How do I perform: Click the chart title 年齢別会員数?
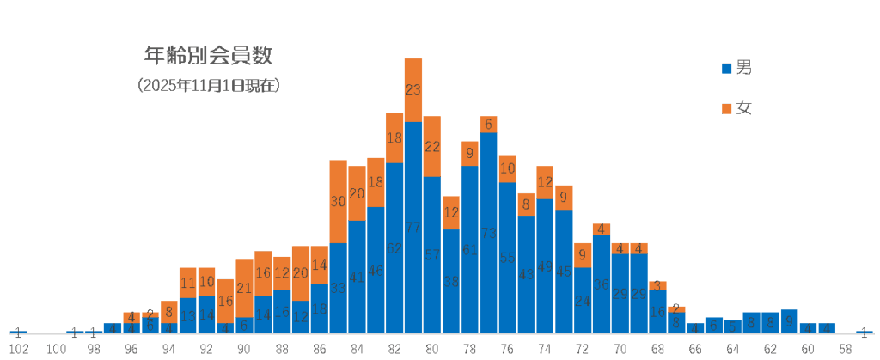coord(208,57)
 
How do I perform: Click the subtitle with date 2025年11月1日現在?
coord(208,86)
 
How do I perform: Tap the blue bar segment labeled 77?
coord(413,228)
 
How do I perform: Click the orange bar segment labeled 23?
coord(413,89)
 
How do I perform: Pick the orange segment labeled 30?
coord(338,201)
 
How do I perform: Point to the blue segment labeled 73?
coord(489,233)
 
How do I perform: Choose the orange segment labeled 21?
coord(244,288)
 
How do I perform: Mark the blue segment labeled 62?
coord(394,248)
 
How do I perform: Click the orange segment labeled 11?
coord(188,283)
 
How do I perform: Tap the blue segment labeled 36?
coord(602,284)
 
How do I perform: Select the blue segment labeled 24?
coord(583,301)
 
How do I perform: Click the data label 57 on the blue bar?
coord(432,255)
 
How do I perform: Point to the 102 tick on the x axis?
coord(19,349)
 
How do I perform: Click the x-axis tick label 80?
coord(432,349)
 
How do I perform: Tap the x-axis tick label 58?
coord(846,349)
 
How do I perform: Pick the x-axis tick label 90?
coord(244,349)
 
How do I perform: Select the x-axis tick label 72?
coord(583,349)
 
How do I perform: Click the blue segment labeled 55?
coord(507,257)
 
